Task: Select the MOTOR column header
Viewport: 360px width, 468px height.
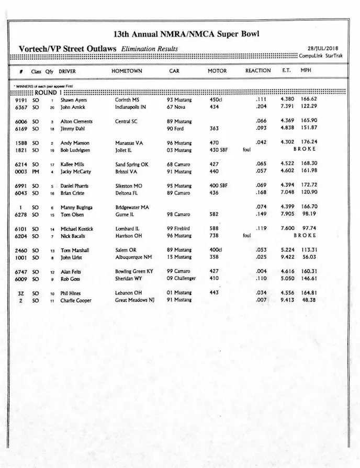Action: [217, 71]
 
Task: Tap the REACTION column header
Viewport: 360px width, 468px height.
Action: [258, 71]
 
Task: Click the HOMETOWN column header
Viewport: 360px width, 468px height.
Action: [127, 71]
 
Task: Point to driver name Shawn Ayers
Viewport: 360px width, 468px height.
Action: [74, 100]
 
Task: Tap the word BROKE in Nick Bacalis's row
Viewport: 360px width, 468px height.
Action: [305, 236]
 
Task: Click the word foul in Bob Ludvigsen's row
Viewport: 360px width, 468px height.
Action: [247, 150]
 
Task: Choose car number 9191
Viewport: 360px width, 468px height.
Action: [21, 100]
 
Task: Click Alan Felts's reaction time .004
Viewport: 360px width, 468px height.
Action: [261, 271]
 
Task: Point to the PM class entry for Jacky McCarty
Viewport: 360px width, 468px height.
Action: [36, 172]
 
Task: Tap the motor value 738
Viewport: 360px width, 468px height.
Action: [215, 236]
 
